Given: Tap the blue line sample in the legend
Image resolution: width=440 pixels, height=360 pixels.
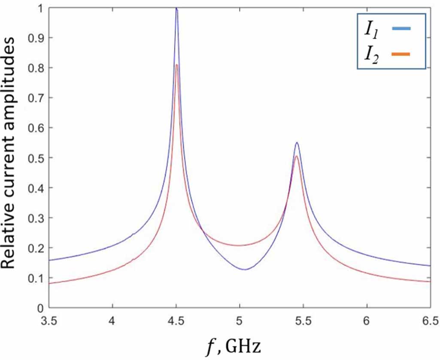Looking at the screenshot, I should (401, 29).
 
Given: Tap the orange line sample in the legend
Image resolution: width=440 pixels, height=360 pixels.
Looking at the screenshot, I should (401, 54).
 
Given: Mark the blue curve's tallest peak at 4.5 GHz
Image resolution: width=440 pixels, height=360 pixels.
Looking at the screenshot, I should (176, 8).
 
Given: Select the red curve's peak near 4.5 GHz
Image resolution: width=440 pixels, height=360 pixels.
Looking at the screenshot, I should (176, 65).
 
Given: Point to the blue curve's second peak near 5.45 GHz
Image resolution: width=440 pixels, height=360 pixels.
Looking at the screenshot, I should (297, 143).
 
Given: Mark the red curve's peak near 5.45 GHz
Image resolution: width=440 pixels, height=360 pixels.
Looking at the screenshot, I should (296, 156).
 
